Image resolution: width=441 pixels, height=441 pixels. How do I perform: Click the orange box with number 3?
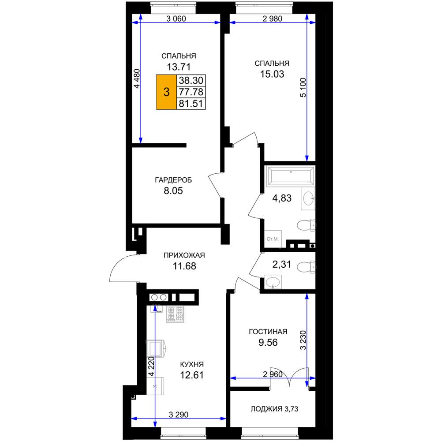(166, 92)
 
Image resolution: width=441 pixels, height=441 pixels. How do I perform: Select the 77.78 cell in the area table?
(191, 92)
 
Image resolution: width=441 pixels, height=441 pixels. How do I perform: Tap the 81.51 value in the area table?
(191, 104)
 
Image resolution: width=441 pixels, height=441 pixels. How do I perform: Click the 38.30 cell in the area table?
(191, 80)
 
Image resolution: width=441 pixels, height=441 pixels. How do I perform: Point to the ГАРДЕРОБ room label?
(173, 180)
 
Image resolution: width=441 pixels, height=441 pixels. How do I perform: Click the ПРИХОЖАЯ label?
(184, 255)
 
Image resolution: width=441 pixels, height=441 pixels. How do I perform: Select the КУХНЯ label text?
(192, 365)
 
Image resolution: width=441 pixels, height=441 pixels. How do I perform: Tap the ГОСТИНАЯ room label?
(268, 332)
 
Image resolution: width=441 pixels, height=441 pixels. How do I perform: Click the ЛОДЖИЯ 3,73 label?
(274, 409)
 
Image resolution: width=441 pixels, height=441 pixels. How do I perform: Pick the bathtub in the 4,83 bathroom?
(291, 176)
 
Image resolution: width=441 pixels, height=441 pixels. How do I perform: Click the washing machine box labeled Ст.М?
(273, 239)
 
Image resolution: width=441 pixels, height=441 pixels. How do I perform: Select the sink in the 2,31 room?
(273, 281)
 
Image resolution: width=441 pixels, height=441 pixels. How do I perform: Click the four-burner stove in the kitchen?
(175, 314)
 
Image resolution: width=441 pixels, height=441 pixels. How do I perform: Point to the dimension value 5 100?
(303, 87)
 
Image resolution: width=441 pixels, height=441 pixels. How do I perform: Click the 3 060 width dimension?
(176, 19)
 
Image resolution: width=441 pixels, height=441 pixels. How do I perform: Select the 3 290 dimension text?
(179, 415)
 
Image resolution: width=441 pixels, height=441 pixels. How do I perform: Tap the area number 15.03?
(272, 74)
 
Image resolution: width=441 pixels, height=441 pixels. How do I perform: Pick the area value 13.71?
(179, 67)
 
